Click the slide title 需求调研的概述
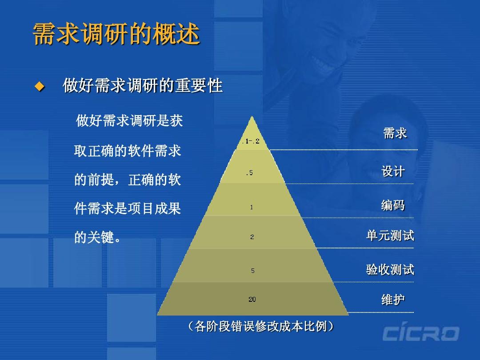point(116,35)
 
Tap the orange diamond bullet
point(40,86)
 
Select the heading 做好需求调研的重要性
point(142,85)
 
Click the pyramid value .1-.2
point(252,141)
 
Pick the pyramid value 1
point(252,207)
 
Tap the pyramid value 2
point(252,237)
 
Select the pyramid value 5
point(252,270)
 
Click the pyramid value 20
point(252,300)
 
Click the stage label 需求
point(395,133)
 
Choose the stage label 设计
point(393,172)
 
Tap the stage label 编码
point(393,205)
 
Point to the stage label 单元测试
point(390,236)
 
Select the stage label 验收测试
point(390,269)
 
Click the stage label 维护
point(393,300)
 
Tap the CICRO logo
point(420,334)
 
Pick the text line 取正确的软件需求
point(128,151)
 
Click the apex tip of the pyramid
point(252,117)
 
